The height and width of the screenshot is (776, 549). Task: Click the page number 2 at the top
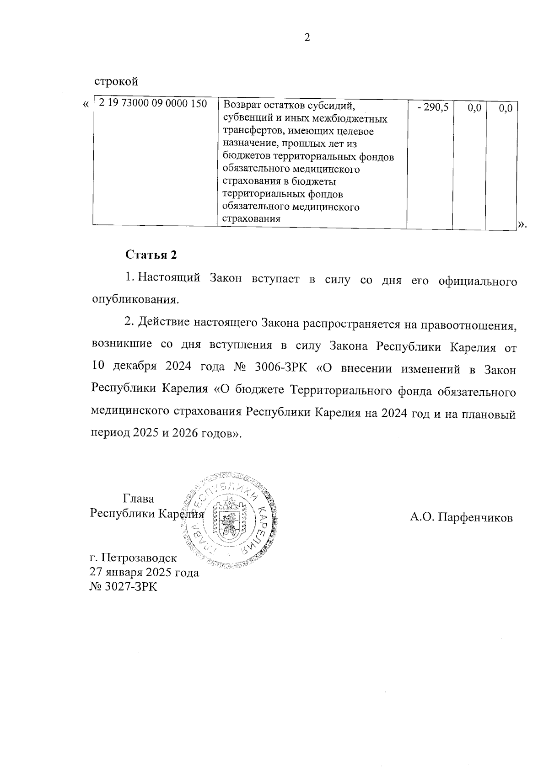(307, 37)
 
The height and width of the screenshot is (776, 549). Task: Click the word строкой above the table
(116, 82)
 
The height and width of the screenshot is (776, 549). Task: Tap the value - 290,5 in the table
(433, 108)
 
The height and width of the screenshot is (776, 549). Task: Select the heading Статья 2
(151, 255)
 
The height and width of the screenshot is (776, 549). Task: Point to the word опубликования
(135, 300)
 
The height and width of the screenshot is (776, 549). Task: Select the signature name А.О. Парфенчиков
(461, 518)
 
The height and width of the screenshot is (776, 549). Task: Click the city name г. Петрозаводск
(133, 558)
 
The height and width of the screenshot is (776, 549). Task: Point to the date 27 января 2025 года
(145, 572)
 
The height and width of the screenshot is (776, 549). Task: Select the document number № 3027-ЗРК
(124, 587)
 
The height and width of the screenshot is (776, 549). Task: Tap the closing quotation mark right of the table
(522, 224)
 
